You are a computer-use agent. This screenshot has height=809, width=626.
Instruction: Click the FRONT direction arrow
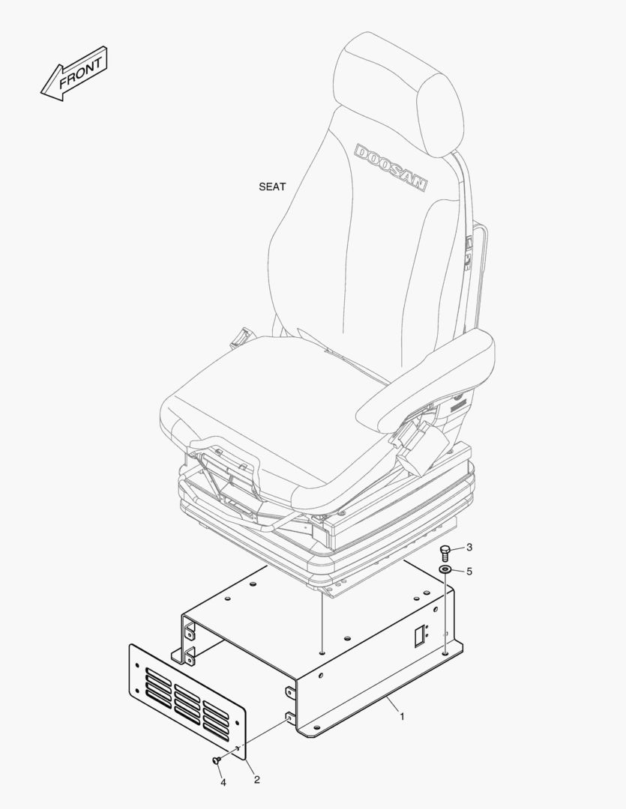[x=74, y=73]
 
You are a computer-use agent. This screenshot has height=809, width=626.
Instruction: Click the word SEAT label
[x=272, y=187]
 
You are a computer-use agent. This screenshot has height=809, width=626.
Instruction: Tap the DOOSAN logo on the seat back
[x=391, y=168]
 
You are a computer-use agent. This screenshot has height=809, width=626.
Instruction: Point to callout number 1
[x=402, y=717]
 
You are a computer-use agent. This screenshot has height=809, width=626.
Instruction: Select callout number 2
[x=256, y=780]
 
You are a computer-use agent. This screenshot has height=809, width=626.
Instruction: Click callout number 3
[x=469, y=548]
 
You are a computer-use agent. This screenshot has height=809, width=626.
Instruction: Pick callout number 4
[x=223, y=783]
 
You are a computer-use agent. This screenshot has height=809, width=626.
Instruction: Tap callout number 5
[x=469, y=571]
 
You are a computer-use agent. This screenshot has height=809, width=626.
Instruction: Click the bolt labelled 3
[x=445, y=554]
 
